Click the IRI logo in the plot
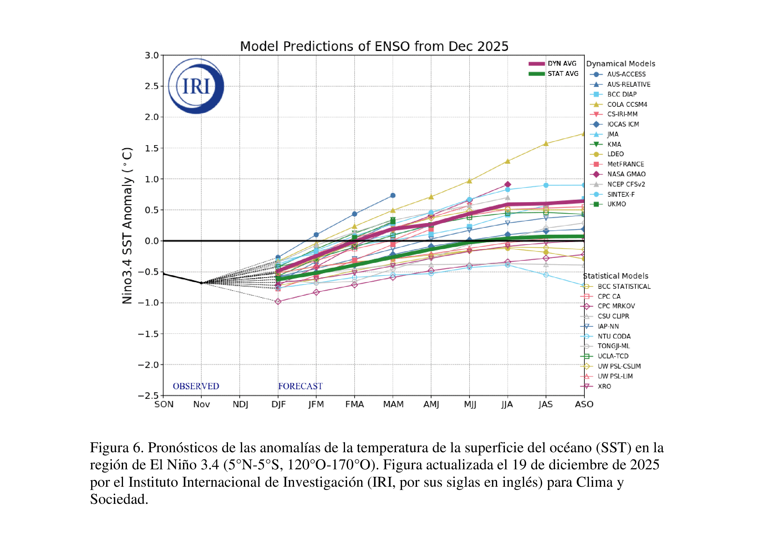pos(196,86)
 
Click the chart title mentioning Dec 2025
pos(374,46)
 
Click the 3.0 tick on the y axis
pos(151,55)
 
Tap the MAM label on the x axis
pos(393,404)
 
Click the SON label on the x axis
pos(164,404)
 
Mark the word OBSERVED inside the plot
pos(196,386)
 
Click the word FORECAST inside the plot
pos(300,386)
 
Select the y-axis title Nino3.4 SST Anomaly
pos(127,226)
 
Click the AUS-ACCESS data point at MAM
pos(393,195)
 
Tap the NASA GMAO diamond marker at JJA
pos(508,184)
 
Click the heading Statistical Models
pos(616,276)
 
